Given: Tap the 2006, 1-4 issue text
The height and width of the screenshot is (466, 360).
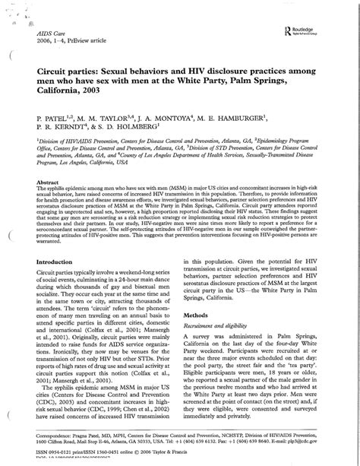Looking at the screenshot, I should click(x=53, y=43).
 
